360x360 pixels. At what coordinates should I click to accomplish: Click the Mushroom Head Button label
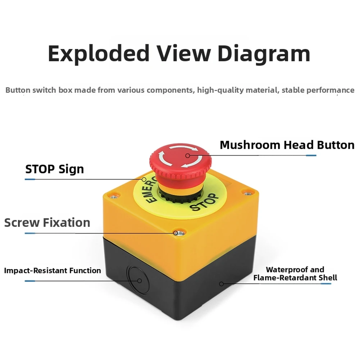(x=287, y=145)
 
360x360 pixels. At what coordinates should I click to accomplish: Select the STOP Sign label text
(x=55, y=169)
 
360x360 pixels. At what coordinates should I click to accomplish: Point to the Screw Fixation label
(x=47, y=223)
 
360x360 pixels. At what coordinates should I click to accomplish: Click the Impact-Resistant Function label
(x=53, y=270)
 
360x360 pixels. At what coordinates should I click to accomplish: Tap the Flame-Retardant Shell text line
(x=295, y=278)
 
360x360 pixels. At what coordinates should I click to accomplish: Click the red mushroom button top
(x=181, y=158)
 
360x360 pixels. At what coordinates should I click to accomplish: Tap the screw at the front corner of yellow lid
(x=179, y=233)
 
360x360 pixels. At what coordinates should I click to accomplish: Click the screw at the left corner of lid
(x=113, y=197)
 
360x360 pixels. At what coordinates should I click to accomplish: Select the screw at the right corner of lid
(x=247, y=193)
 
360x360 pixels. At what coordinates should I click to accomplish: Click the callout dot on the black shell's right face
(x=221, y=284)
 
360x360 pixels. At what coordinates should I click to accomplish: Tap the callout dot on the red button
(x=188, y=156)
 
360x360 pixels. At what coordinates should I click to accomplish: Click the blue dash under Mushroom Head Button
(x=311, y=155)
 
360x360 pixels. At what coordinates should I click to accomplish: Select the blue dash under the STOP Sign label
(x=30, y=179)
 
